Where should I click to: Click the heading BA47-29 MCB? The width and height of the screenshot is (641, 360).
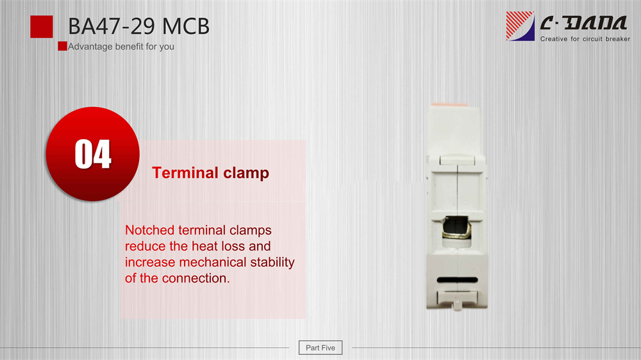point(138,26)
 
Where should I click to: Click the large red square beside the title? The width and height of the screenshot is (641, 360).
point(41,26)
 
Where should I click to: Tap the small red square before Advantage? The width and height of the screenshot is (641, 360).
point(62,46)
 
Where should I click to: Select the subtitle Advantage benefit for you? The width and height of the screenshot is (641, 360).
point(121,47)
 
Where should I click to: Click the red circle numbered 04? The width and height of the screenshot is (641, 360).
point(93,154)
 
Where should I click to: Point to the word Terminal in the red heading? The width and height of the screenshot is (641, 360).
point(185,172)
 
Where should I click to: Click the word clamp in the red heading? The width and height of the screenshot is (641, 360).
point(246,173)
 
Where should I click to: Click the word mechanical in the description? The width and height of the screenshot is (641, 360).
point(213,262)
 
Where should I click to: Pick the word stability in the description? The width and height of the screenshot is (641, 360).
point(272,262)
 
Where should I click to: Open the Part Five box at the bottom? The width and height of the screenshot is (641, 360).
point(320,348)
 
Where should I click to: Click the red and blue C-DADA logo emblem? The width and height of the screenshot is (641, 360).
point(520,26)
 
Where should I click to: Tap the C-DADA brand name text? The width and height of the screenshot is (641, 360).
point(583,23)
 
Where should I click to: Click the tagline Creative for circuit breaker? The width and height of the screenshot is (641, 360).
point(585,39)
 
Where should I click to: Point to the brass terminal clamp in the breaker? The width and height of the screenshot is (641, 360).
point(456,230)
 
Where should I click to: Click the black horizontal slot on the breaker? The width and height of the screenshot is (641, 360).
point(457,280)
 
